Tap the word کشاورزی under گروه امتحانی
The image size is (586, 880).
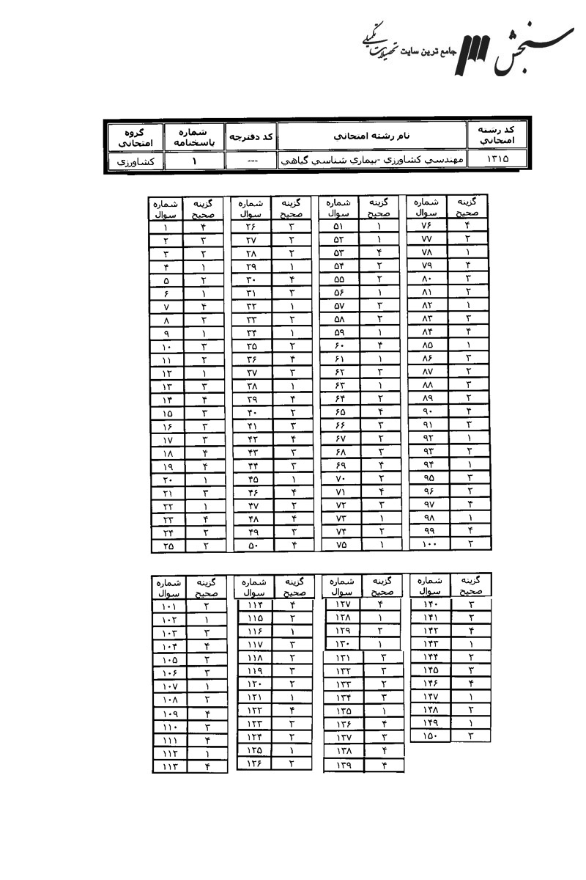(x=136, y=161)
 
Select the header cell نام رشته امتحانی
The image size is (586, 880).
(x=373, y=136)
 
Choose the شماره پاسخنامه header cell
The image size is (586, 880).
(x=194, y=136)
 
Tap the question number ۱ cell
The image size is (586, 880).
(x=167, y=228)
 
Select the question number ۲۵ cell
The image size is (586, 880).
(x=167, y=546)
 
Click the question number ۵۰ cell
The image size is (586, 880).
(x=251, y=546)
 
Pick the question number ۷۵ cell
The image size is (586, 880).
(x=339, y=545)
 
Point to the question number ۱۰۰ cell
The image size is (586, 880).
(x=428, y=544)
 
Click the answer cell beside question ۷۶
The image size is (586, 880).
(x=467, y=226)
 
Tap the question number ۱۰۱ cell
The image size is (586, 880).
(x=169, y=606)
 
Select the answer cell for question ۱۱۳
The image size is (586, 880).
(x=207, y=766)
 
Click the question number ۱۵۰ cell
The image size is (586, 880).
(x=429, y=736)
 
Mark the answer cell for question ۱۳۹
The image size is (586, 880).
(x=384, y=765)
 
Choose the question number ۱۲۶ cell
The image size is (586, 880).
(x=254, y=763)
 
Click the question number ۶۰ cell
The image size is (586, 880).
(x=339, y=345)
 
